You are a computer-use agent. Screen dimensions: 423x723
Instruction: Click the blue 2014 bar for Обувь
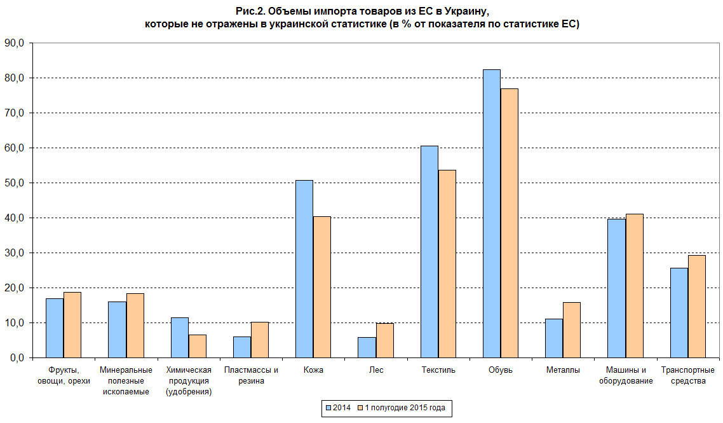(x=491, y=214)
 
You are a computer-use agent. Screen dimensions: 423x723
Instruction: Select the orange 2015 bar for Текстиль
(x=447, y=264)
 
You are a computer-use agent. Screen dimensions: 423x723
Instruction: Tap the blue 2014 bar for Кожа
(x=304, y=269)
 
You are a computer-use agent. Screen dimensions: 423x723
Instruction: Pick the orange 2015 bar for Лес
(x=384, y=341)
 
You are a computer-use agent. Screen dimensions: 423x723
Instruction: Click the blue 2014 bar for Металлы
(x=554, y=338)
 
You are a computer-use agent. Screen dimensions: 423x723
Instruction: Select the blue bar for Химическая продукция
(x=180, y=338)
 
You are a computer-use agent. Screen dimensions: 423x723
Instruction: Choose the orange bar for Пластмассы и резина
(x=260, y=340)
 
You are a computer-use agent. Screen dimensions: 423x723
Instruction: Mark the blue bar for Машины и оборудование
(x=616, y=288)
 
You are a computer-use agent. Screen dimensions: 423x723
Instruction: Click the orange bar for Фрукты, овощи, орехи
(x=72, y=325)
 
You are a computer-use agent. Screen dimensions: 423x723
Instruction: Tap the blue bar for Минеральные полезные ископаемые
(x=117, y=329)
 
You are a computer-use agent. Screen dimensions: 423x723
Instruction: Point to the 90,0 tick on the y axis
(x=14, y=43)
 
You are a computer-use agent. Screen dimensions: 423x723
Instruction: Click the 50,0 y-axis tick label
(x=14, y=183)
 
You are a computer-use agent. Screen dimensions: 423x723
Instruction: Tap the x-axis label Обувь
(x=500, y=370)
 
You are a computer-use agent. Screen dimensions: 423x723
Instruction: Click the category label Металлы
(x=562, y=370)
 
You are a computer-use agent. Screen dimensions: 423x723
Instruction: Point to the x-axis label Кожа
(x=313, y=370)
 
